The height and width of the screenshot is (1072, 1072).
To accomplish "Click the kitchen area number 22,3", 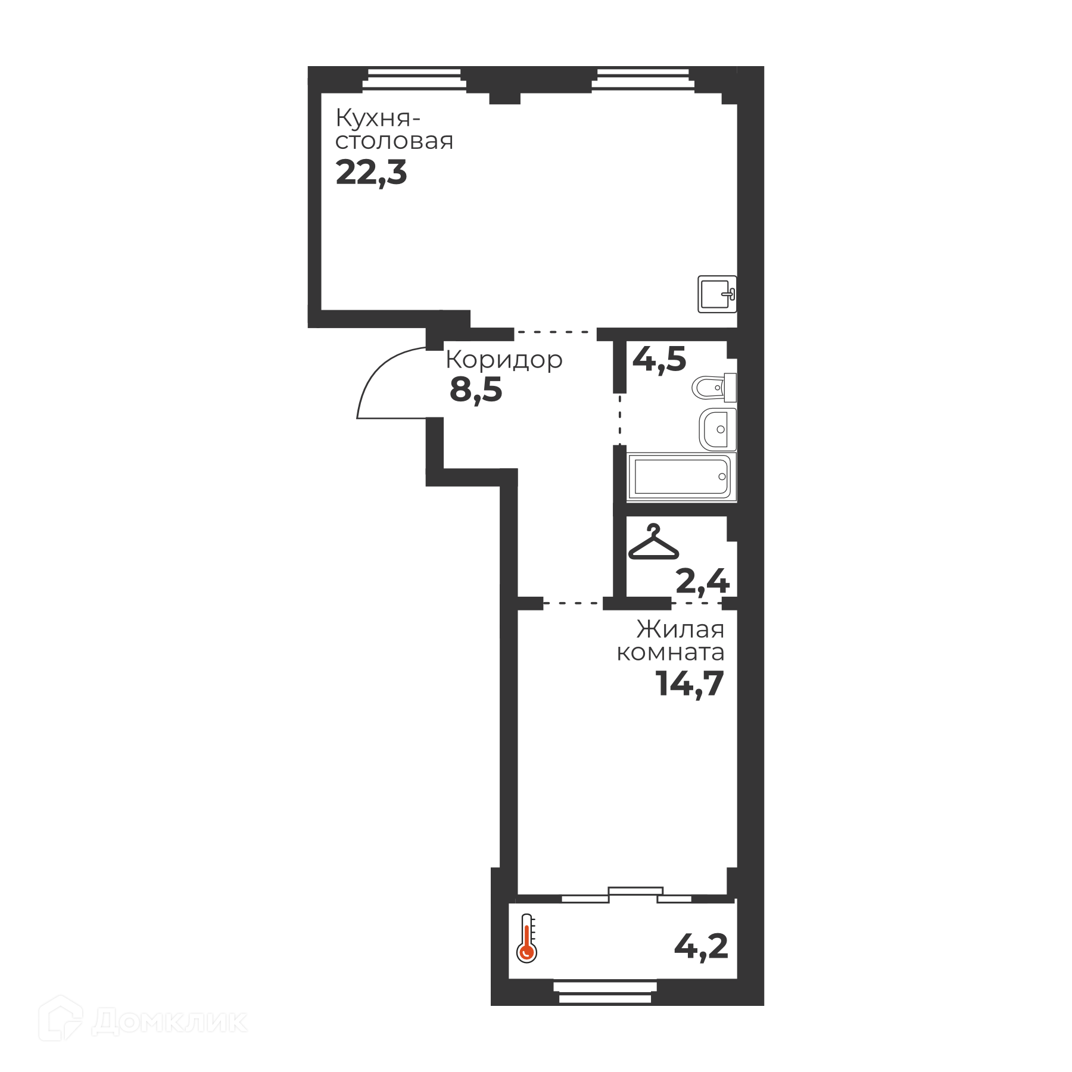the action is click(x=371, y=173).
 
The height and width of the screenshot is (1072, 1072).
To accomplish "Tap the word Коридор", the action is click(x=504, y=360).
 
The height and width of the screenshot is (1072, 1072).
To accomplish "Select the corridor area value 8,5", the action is click(x=476, y=391).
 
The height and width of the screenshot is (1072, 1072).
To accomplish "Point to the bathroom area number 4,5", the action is click(x=659, y=360).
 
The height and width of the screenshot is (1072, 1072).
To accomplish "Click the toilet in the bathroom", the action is click(x=714, y=388).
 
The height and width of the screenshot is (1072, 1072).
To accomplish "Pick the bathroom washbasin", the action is click(x=718, y=429).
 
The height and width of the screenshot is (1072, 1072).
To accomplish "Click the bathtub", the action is click(x=682, y=476).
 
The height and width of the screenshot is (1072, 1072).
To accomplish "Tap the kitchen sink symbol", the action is click(x=718, y=294).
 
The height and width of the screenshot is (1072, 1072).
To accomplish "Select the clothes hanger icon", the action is click(x=653, y=542).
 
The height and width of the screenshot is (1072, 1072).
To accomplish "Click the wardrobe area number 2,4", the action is click(x=703, y=581).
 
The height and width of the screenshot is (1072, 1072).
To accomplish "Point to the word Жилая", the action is click(x=680, y=630).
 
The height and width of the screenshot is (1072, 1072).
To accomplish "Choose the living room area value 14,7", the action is click(x=690, y=683).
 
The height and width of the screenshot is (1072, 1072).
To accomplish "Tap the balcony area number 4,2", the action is click(x=701, y=946).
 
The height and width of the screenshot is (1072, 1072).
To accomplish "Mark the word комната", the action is click(x=671, y=653).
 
